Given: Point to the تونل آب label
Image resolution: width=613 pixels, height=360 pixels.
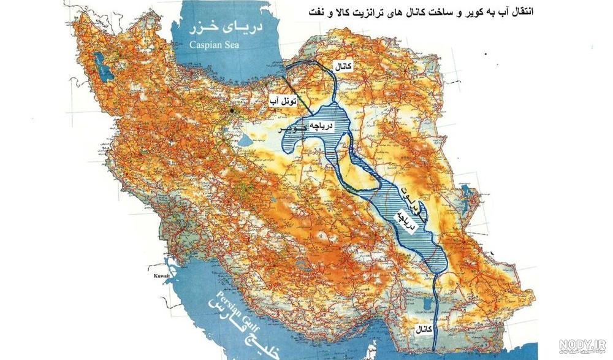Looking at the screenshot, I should pyautogui.click(x=283, y=99).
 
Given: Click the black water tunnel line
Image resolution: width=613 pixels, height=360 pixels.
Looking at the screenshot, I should pyautogui.click(x=303, y=102).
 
